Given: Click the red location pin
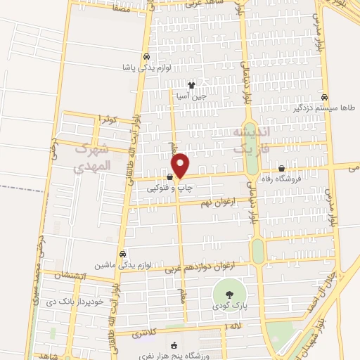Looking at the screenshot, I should tap(181, 165).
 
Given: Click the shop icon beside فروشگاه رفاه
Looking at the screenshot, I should tap(282, 168).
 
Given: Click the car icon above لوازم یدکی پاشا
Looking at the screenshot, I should tap(145, 57).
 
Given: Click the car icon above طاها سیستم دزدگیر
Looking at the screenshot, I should tap(324, 97).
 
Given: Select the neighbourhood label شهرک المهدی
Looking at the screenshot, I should tap(92, 158).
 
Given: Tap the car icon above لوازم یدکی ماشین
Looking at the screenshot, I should tap(123, 254).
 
